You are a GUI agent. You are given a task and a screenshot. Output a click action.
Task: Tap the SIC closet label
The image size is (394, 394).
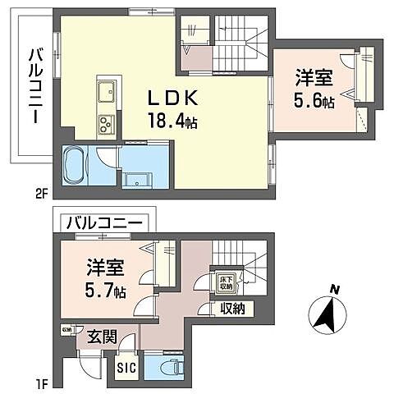pos(126,367)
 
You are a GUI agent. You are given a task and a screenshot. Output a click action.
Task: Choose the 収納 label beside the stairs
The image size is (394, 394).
pos(233,309)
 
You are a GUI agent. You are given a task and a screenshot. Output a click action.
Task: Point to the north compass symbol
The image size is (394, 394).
pos(332,314)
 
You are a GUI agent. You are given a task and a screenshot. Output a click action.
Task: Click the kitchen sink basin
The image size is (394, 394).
pos(107,89)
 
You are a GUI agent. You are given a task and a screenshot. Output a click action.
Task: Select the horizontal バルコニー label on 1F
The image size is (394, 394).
pos(106,222)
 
